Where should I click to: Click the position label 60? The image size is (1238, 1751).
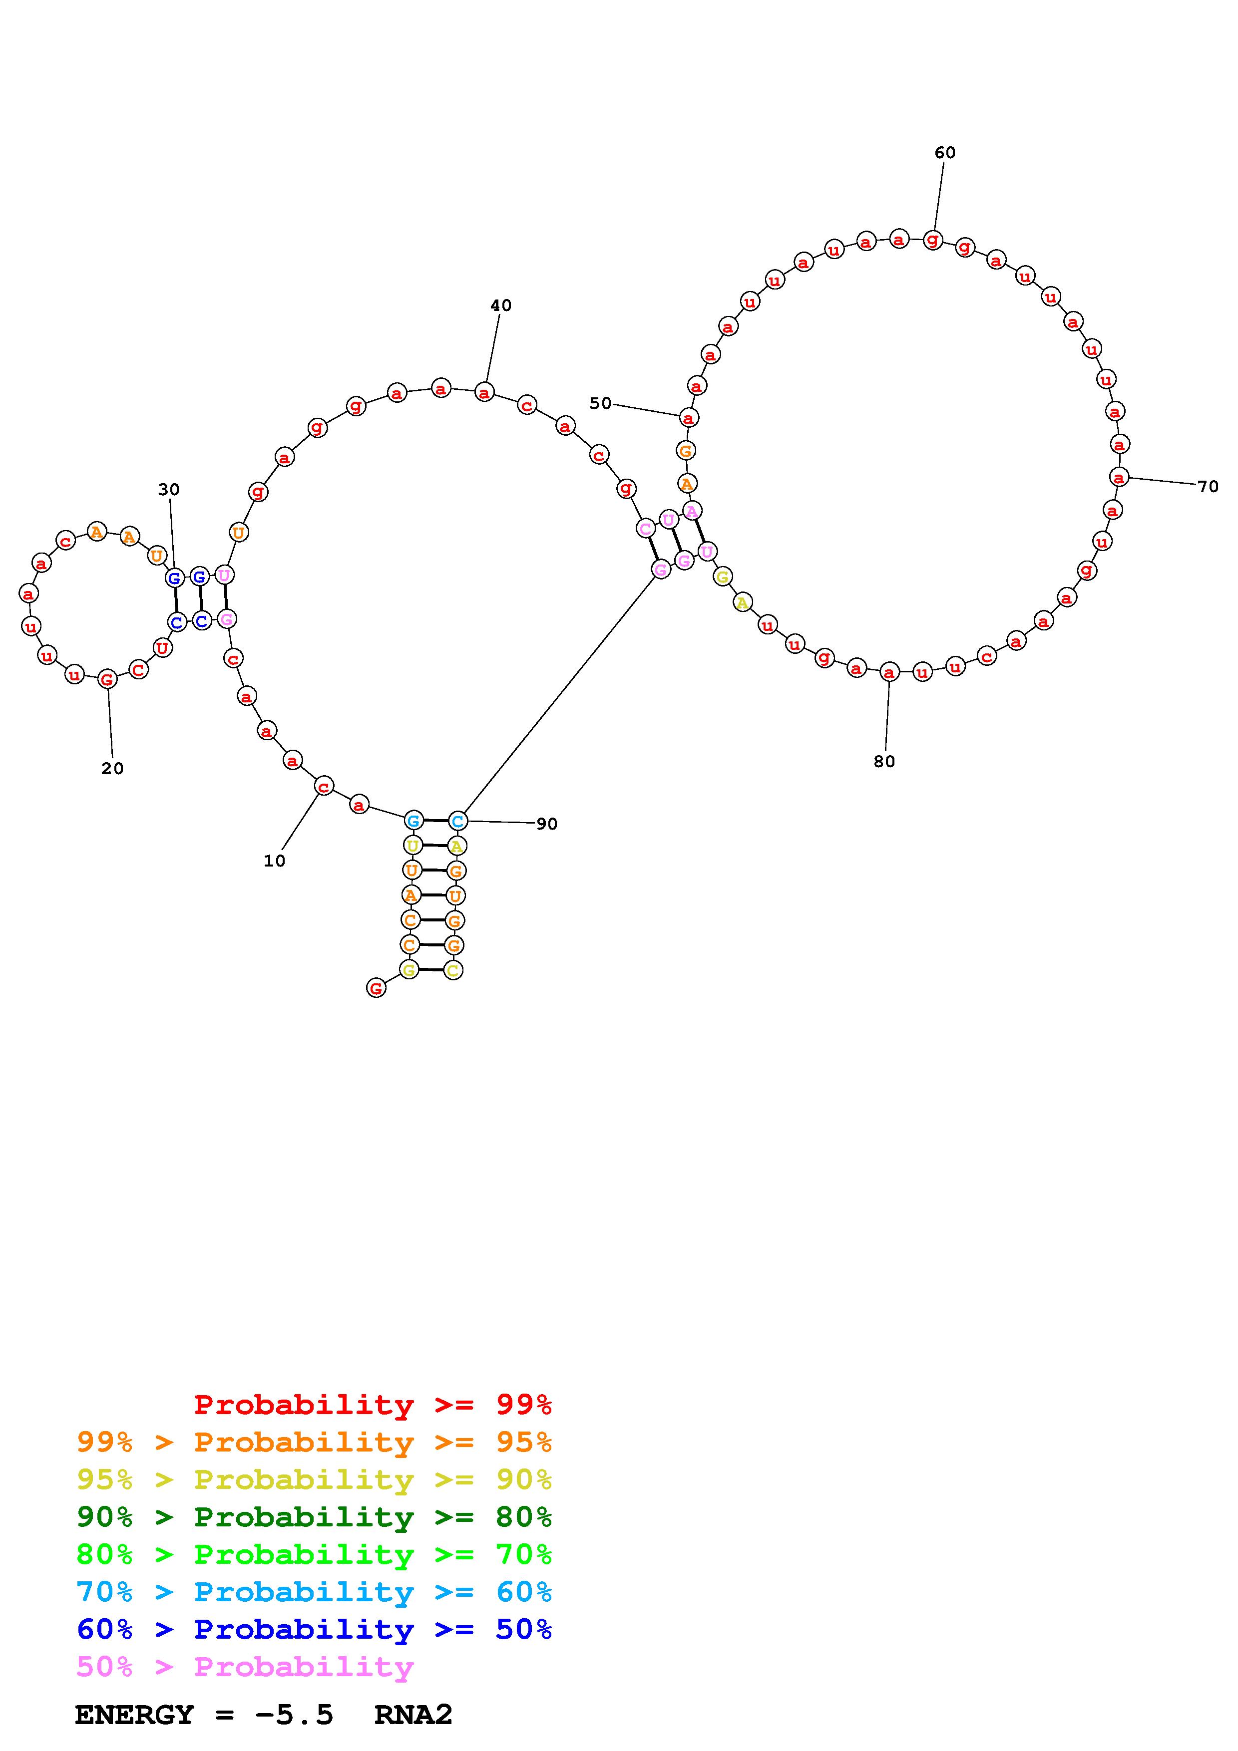pos(944,153)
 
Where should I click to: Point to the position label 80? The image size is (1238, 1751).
pos(884,761)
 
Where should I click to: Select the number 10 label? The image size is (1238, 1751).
pos(275,860)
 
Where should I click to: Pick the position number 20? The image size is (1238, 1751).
pos(112,769)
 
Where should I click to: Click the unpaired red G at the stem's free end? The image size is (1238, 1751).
pos(376,988)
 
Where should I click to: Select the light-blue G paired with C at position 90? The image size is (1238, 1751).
pos(413,821)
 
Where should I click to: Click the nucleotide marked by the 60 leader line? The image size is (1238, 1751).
pos(932,240)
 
